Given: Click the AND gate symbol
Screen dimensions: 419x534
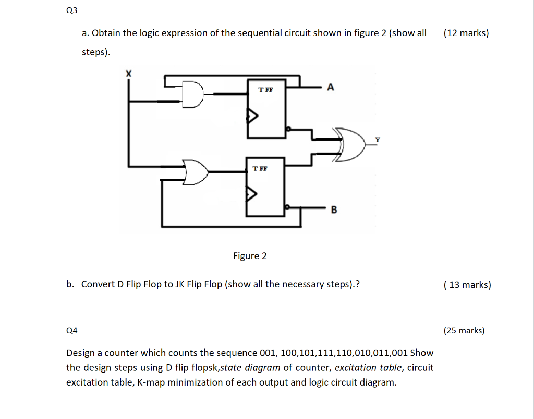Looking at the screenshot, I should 192,95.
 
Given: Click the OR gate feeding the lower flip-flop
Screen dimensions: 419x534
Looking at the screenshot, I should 196,172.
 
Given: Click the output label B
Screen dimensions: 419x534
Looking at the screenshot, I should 334,210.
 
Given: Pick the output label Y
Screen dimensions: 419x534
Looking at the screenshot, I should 378,139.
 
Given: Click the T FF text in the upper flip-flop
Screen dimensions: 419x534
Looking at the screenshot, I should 265,90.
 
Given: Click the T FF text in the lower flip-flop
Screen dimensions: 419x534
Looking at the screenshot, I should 259,168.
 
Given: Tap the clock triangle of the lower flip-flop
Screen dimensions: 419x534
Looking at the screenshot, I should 251,194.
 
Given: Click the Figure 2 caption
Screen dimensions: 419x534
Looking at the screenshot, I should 250,256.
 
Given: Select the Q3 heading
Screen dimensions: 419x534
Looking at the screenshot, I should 71,10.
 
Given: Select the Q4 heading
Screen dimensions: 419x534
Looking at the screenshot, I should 72,330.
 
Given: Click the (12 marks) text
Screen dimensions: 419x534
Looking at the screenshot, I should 466,33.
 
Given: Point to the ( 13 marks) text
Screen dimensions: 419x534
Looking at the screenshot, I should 467,285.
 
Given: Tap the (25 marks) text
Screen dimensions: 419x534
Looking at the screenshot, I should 464,330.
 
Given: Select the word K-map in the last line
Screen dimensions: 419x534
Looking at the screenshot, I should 150,382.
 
